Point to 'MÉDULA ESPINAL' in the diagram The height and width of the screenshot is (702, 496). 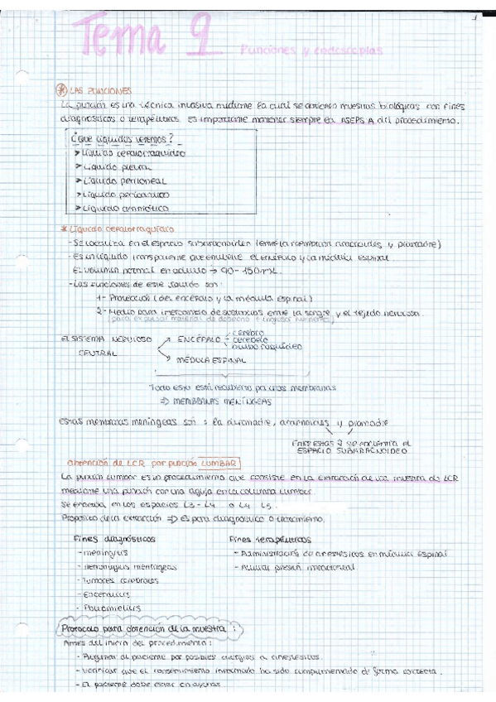click(x=211, y=360)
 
